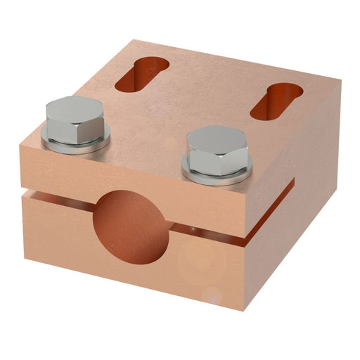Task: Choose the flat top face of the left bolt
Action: click(x=75, y=109)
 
